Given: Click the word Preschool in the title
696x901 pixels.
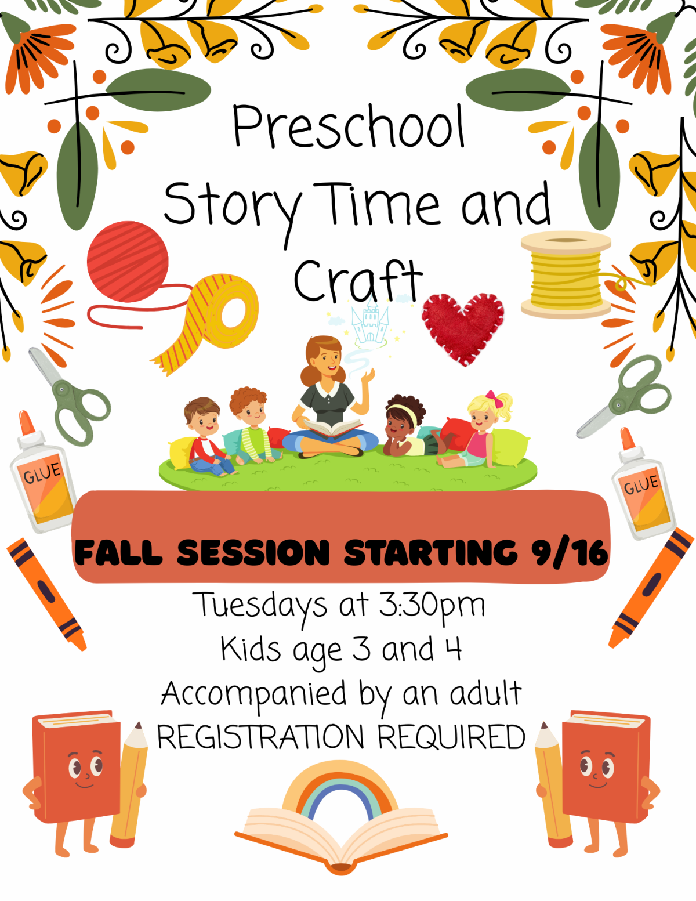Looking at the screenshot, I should click(x=348, y=126).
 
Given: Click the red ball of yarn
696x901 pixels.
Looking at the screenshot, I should click(x=128, y=262).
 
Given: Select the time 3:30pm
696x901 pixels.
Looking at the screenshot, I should click(x=432, y=606).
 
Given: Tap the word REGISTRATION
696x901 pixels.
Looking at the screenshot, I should click(x=260, y=737).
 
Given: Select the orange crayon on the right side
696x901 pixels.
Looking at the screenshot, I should click(x=650, y=589).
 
